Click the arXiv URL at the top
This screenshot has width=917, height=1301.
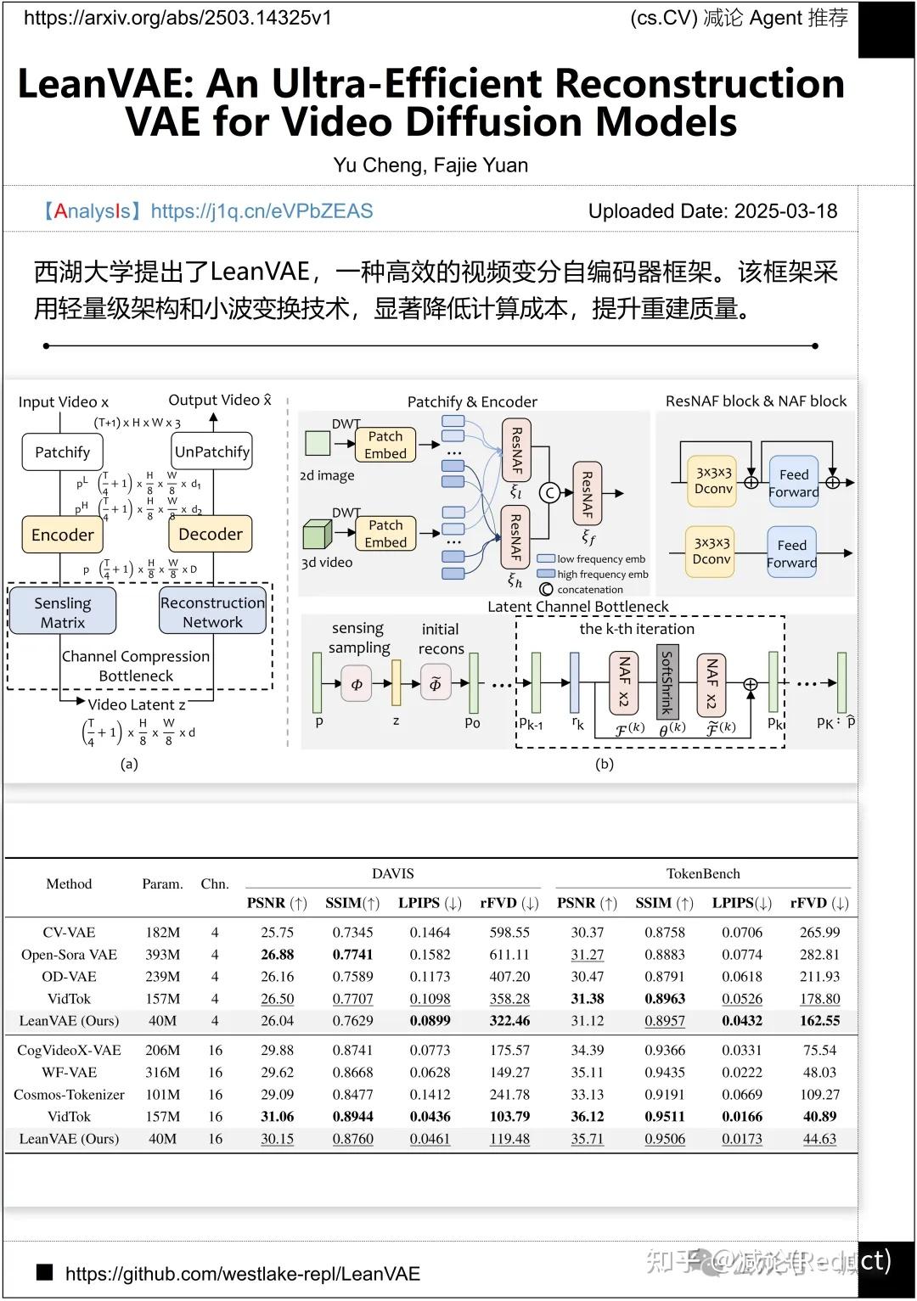coord(177,18)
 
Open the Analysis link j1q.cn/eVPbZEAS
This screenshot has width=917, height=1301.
coord(262,211)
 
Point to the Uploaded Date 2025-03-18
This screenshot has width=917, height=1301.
coord(712,211)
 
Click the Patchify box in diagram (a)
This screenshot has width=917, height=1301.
coord(62,452)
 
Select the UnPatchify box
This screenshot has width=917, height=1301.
coord(211,451)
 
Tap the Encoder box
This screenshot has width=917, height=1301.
coord(62,535)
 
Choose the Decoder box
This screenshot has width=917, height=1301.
coord(211,534)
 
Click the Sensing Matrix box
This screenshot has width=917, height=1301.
coord(62,612)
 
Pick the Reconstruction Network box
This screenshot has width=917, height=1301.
coord(212,612)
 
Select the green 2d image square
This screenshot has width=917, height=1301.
coord(318,443)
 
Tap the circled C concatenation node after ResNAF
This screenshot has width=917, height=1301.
coord(549,492)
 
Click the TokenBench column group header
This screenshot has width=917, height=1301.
coord(702,873)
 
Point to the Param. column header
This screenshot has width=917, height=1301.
coord(162,883)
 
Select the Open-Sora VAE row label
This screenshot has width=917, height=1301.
coord(69,954)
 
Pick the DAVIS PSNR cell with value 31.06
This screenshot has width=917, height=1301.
coord(277,1116)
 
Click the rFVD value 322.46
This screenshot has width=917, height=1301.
coord(509,1020)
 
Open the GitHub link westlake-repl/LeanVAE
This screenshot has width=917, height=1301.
coord(242,1273)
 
